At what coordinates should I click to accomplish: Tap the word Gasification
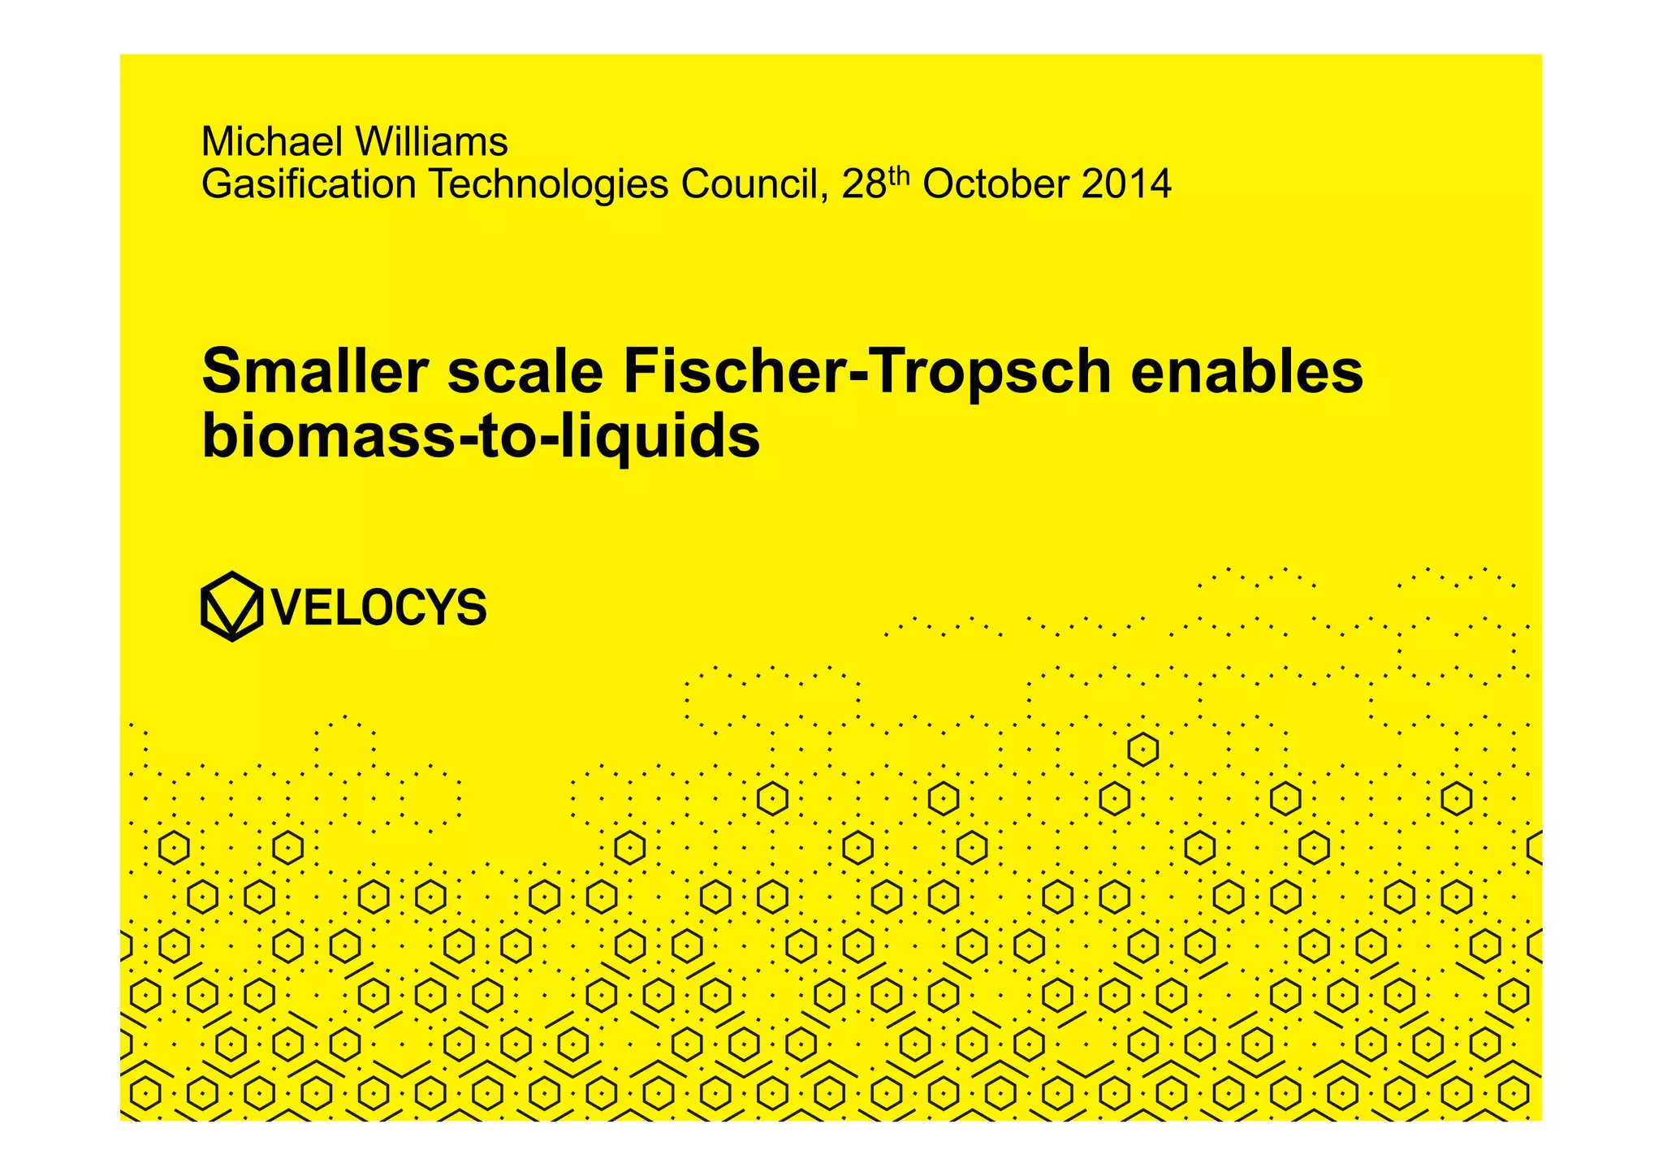(309, 184)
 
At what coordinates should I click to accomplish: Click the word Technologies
(548, 184)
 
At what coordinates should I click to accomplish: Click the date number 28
(863, 184)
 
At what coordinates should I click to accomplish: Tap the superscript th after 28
(899, 176)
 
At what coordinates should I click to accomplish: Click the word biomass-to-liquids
(481, 437)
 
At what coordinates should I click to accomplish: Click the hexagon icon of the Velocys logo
(231, 606)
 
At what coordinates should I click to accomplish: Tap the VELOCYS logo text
(379, 607)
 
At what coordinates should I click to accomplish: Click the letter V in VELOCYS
(288, 607)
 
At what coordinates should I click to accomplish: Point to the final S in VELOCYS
(471, 607)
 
